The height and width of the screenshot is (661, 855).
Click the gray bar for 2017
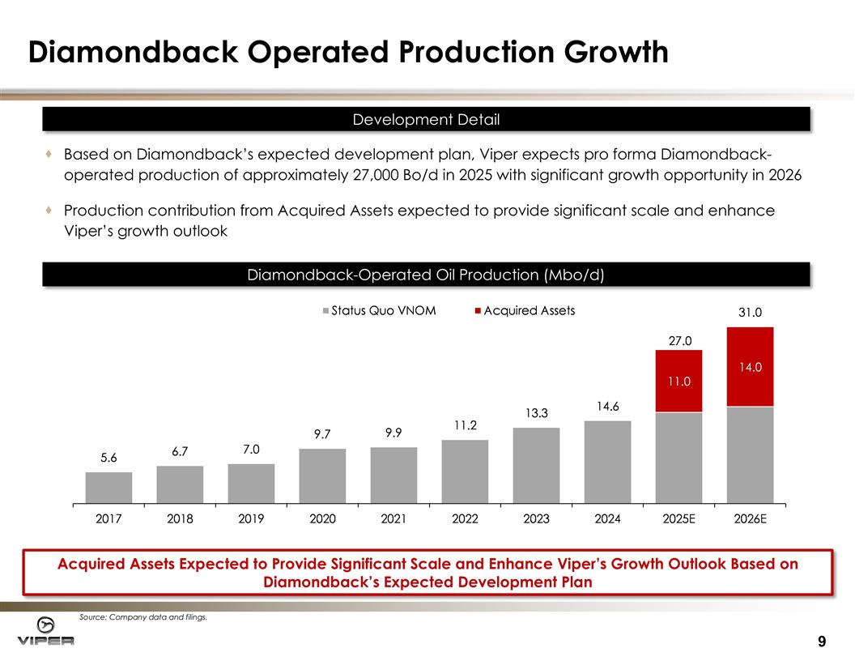click(108, 488)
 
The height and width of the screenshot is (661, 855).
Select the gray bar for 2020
click(322, 475)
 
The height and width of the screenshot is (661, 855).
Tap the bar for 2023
click(536, 465)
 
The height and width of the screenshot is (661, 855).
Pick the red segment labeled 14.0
click(750, 366)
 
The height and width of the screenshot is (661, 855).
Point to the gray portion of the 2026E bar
click(750, 454)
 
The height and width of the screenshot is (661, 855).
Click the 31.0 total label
click(750, 312)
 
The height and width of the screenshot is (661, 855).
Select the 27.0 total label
click(678, 341)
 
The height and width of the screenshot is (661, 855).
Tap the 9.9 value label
click(393, 433)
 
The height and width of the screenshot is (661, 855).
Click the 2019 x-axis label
click(251, 520)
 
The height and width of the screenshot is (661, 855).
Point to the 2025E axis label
click(678, 520)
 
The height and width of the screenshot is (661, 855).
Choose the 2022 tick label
click(465, 520)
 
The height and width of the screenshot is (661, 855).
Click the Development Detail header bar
click(426, 120)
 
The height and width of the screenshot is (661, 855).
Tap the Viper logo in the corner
click(46, 631)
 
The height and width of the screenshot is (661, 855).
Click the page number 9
click(822, 642)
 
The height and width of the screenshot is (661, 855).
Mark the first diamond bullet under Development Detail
click(50, 153)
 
